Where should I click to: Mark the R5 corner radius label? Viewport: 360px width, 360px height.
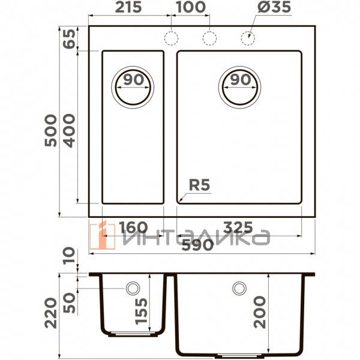(x=199, y=186)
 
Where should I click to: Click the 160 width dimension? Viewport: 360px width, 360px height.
(x=133, y=228)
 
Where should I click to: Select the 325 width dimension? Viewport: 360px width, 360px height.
(x=237, y=228)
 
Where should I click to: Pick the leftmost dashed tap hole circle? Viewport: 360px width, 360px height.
(x=172, y=38)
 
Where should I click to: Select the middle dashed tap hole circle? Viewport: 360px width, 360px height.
(x=209, y=38)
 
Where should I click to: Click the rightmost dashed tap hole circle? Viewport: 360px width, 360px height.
(x=247, y=38)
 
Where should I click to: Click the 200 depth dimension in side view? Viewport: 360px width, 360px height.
(x=260, y=312)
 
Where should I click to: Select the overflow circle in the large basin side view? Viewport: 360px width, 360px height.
(x=239, y=289)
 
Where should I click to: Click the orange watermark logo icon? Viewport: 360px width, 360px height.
(x=102, y=236)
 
